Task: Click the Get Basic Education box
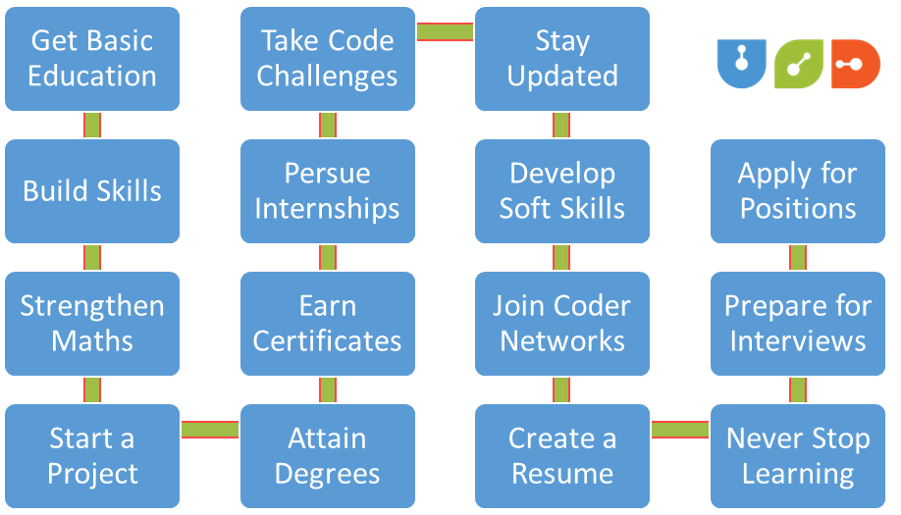point(92,59)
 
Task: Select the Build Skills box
point(92,190)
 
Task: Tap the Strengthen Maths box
point(92,324)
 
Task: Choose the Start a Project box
point(92,456)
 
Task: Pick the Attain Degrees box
point(327,456)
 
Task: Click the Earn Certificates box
point(327,324)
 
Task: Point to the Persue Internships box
point(327,190)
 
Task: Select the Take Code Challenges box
point(327,59)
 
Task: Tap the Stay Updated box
point(562,59)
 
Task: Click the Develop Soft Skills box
point(562,190)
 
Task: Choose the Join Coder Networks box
point(562,324)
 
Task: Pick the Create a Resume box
point(562,456)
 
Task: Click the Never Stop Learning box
point(797,456)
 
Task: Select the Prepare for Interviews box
point(797,324)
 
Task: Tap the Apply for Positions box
point(797,190)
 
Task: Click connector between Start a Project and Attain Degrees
point(210,430)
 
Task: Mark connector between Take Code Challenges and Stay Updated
point(445,32)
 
